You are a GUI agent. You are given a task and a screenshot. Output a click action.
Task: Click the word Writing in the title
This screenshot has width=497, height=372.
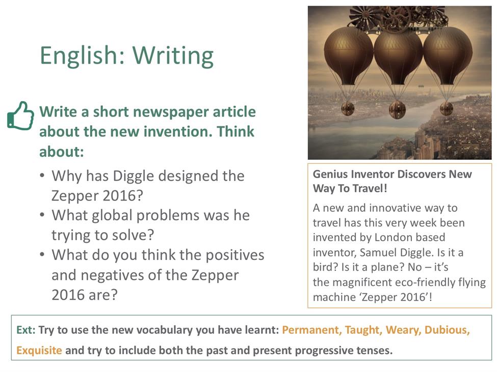173,56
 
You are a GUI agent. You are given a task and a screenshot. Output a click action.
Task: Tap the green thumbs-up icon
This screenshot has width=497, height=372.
20,116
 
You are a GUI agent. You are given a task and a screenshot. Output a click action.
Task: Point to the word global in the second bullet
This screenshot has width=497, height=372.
112,216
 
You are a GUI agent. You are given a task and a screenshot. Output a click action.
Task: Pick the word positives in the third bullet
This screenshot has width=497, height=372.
235,255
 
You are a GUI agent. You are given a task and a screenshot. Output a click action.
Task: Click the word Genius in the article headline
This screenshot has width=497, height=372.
330,175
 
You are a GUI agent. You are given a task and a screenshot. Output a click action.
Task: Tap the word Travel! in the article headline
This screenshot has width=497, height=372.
370,188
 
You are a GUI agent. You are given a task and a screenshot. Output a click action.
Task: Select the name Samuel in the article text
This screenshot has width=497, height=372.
379,252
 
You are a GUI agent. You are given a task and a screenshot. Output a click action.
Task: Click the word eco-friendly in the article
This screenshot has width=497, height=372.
395,282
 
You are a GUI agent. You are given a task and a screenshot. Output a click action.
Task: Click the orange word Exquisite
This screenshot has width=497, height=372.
39,351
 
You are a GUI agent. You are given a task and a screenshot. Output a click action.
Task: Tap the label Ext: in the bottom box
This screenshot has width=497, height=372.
26,330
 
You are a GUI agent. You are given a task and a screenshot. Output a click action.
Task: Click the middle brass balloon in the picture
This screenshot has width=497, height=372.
398,58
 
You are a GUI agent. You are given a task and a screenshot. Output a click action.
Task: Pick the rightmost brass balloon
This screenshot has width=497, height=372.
448,57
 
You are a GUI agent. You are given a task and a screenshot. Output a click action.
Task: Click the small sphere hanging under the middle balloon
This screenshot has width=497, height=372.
397,109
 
